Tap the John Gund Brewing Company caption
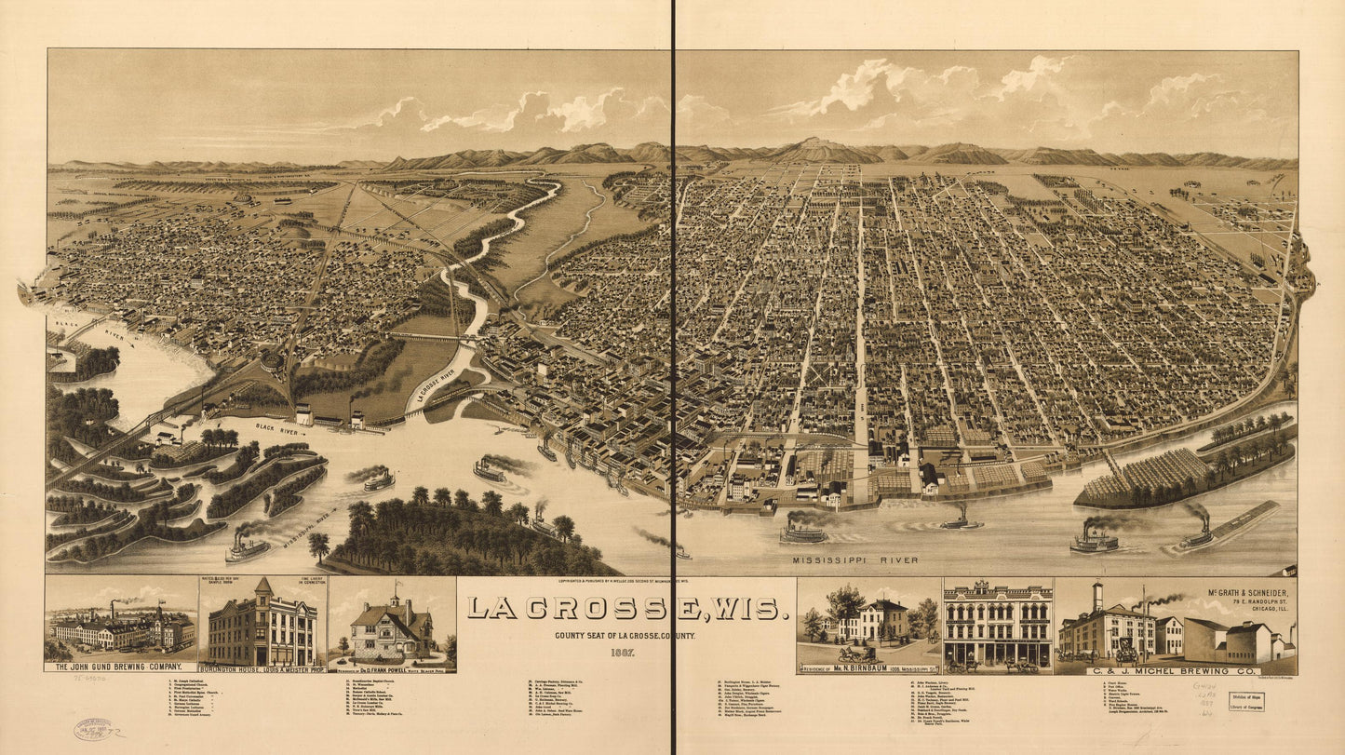click(120, 667)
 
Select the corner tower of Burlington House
click(263, 589)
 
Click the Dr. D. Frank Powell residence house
click(391, 631)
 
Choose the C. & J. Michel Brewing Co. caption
click(1177, 668)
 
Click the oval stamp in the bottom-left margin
click(93, 729)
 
